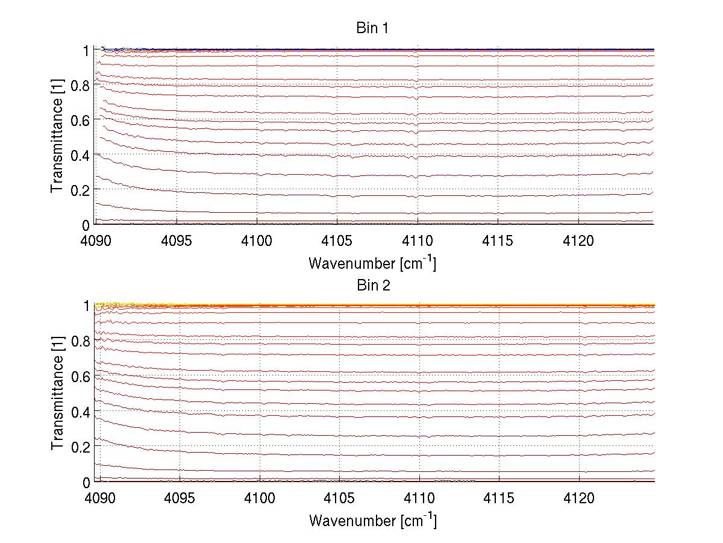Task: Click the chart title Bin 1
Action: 373,28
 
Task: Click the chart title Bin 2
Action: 373,285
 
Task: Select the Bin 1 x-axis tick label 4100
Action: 257,241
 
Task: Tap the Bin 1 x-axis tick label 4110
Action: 418,241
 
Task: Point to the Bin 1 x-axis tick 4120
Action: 579,241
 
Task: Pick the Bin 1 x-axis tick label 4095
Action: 177,241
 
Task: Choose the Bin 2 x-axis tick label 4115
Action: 499,498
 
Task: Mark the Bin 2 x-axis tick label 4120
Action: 580,498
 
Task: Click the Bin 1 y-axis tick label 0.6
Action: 80,120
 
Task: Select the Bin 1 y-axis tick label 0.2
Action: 80,189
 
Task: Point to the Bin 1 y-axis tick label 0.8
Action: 80,85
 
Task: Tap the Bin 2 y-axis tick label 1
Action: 86,306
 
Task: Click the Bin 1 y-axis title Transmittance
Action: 57,145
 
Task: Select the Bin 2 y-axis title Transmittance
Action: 57,402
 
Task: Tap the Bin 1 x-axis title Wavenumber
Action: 372,263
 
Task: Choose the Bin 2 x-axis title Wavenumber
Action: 372,520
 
